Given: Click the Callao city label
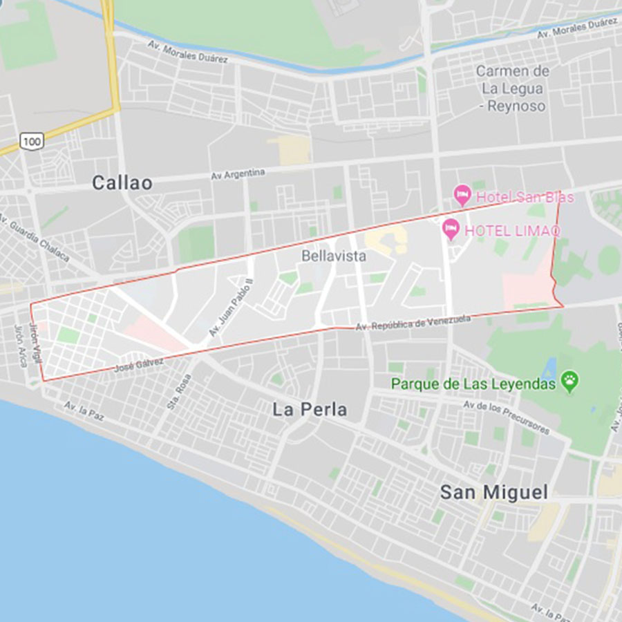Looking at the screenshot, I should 122,182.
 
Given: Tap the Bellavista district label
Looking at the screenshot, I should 334,256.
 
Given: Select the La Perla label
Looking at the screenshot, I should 310,410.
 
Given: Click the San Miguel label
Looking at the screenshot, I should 494,492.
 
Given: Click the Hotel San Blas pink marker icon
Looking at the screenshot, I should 462,196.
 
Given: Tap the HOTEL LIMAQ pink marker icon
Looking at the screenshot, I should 451,228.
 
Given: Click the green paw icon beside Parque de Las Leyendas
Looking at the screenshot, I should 570,381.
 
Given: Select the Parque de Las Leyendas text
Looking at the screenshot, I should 473,384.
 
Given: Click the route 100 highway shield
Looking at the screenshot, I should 30,141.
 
